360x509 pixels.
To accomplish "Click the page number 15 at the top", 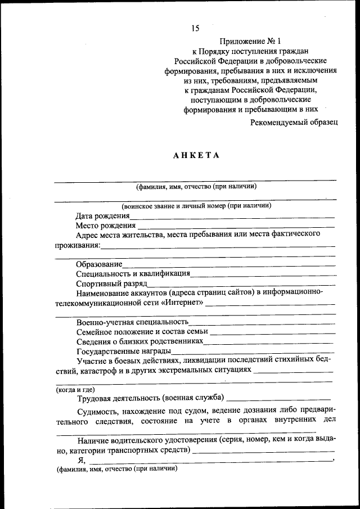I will coord(195,28).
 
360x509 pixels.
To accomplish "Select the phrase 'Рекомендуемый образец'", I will coord(294,121).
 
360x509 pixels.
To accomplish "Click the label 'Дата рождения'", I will coord(103,215).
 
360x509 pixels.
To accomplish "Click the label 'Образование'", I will coord(99,264).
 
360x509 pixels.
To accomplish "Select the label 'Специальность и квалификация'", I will coord(133,273).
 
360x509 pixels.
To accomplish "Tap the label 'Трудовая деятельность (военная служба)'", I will coord(151,398).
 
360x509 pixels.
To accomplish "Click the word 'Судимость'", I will coord(97,411).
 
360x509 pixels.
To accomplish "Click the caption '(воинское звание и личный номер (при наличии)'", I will coord(196,206).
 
